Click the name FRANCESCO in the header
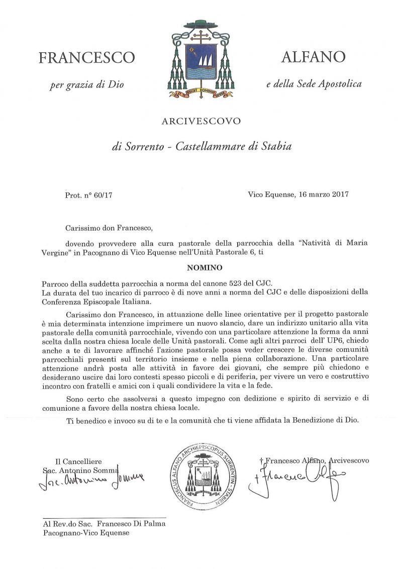click(x=87, y=58)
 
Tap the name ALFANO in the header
click(x=314, y=56)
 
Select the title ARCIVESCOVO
click(x=201, y=121)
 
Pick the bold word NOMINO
click(x=201, y=268)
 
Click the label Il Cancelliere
click(x=78, y=461)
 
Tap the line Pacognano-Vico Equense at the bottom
click(x=86, y=533)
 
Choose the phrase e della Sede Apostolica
click(x=314, y=84)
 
